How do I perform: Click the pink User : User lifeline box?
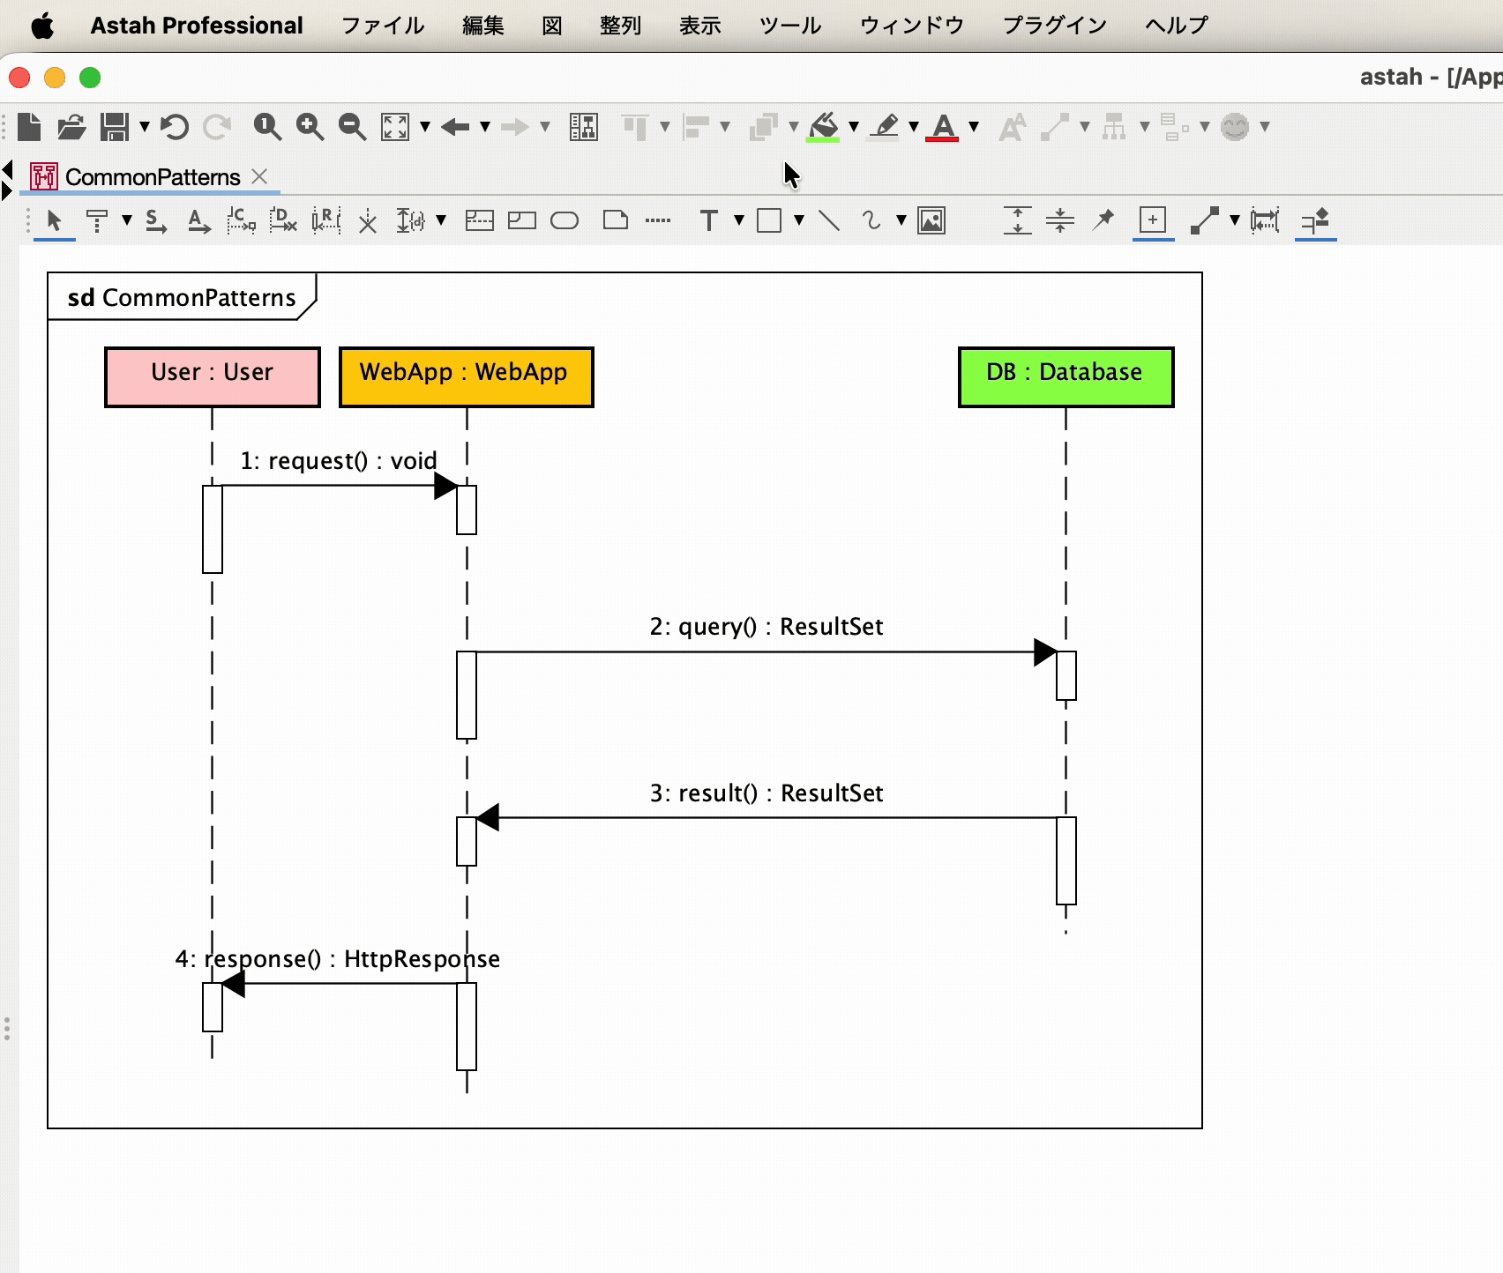213,377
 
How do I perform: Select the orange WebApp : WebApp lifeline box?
467,377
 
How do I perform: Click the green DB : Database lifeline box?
1066,377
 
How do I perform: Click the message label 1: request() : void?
339,461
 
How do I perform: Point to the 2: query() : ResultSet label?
766,627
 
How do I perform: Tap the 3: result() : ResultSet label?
766,793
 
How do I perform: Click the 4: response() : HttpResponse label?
338,959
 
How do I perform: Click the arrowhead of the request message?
446,486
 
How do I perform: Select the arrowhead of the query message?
1046,652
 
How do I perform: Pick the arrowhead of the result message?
488,818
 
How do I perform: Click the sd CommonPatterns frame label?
182,298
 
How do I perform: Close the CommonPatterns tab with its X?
259,176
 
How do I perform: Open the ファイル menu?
383,26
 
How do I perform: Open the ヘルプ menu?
1177,26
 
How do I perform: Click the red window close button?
19,78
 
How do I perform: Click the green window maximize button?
90,78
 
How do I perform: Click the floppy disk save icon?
115,127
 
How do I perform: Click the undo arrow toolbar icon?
175,127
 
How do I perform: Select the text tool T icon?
708,220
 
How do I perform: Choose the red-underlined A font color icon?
943,128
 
